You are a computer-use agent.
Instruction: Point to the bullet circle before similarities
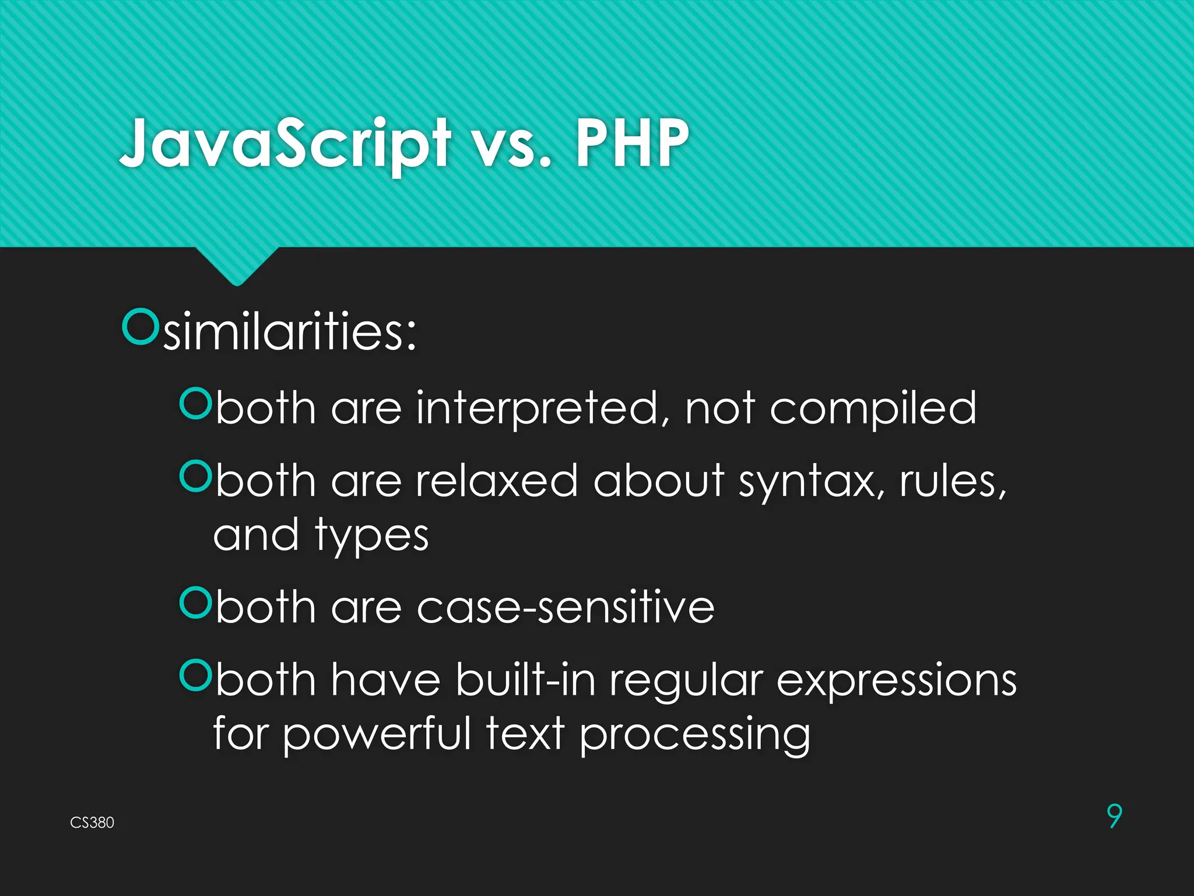click(x=140, y=327)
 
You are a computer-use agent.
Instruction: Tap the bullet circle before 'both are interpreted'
click(x=195, y=403)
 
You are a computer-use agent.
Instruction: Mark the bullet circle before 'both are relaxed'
click(x=195, y=476)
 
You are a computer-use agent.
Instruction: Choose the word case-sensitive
click(x=566, y=608)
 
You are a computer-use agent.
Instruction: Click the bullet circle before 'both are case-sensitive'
click(x=195, y=603)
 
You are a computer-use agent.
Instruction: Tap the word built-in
click(x=525, y=680)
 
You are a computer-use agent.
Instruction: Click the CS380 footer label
click(x=92, y=822)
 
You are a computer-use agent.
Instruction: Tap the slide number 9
click(x=1114, y=815)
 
